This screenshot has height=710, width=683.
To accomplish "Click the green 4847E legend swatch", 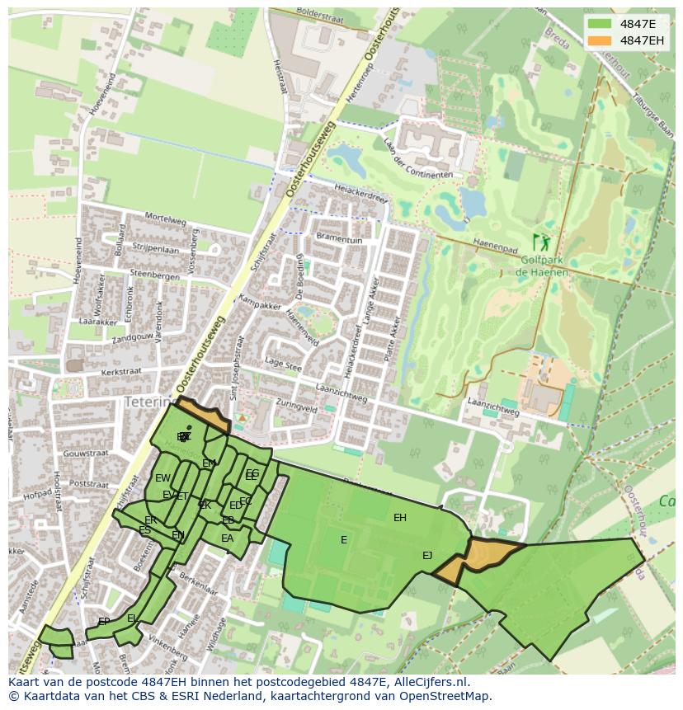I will [x=600, y=24].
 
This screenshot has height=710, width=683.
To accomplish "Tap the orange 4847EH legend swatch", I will [x=600, y=40].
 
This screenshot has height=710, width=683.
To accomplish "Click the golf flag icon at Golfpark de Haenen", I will [x=542, y=242].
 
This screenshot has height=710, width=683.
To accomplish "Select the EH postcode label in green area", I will [x=400, y=518].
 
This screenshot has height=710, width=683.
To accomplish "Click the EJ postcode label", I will [x=427, y=556].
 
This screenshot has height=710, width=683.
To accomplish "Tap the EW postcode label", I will [x=163, y=478].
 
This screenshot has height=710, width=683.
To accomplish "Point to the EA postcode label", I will [x=227, y=538].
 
